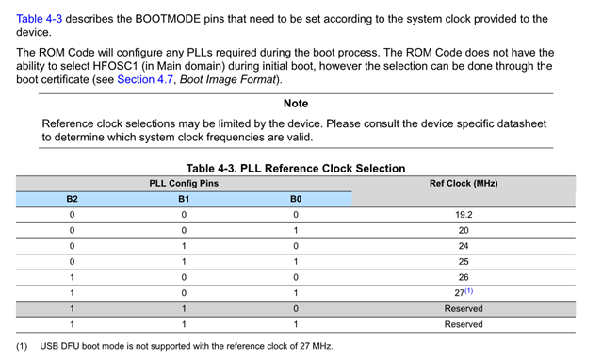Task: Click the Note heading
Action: tap(296, 104)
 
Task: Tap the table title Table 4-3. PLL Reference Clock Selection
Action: tap(296, 168)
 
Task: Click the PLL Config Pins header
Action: tap(185, 183)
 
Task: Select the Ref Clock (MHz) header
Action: tap(463, 183)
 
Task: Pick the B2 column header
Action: tap(72, 199)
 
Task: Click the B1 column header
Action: tap(184, 199)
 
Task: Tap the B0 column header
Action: tap(296, 199)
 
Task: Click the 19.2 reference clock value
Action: tap(463, 215)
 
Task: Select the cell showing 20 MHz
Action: tap(463, 231)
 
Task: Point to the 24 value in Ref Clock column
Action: tap(463, 246)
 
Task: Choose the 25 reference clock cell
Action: tap(463, 262)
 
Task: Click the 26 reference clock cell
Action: tap(463, 277)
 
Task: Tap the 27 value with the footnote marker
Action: tap(461, 293)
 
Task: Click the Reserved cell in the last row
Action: tap(463, 324)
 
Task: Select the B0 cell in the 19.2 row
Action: tap(296, 215)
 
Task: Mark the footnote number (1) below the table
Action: tap(22, 346)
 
